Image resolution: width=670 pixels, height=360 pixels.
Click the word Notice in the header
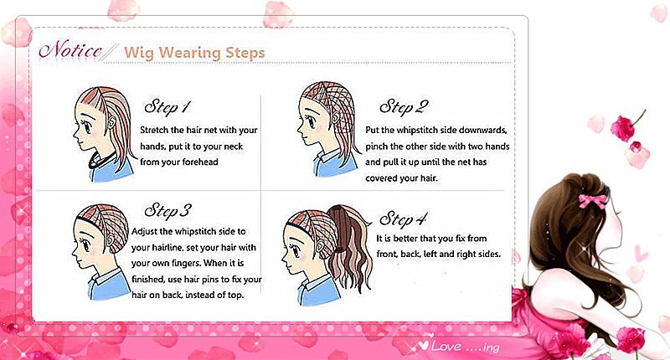(x=70, y=50)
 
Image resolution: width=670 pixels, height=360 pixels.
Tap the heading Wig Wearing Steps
(x=194, y=53)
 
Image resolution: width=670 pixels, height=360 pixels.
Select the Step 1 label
(x=167, y=107)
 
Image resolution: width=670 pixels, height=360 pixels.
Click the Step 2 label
(x=404, y=107)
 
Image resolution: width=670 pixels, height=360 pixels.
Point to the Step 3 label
(x=167, y=210)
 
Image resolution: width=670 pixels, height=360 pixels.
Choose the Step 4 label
(x=403, y=219)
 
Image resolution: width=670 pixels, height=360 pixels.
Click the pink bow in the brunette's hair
(x=592, y=201)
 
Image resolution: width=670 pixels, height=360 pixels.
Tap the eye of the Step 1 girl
(x=87, y=126)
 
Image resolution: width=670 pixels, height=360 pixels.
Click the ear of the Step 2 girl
(x=335, y=116)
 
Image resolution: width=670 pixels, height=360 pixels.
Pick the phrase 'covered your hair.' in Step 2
(x=401, y=178)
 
